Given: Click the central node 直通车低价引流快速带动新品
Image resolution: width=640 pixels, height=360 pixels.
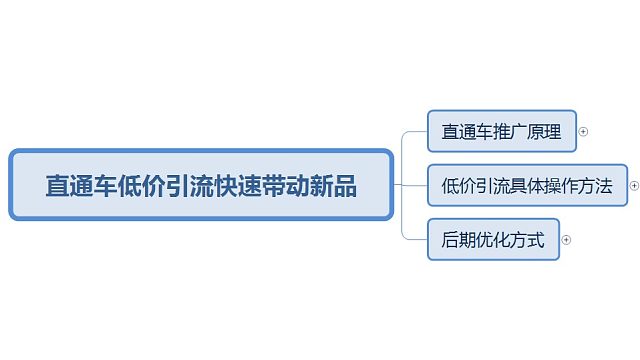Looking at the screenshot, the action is (200, 185).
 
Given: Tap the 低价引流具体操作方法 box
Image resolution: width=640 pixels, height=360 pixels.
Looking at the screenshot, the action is (527, 185).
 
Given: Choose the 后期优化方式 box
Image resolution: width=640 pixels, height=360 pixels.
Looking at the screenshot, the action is (493, 240).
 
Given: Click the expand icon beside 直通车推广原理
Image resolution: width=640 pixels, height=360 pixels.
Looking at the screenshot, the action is (584, 131).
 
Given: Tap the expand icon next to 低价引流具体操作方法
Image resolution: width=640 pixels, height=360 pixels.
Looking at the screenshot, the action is (634, 185).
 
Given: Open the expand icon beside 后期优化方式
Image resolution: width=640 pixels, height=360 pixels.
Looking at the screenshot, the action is (566, 240).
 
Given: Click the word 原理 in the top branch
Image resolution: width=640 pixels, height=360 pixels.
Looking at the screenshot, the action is (544, 131).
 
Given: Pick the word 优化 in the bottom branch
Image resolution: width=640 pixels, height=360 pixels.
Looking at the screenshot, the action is (493, 240).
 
